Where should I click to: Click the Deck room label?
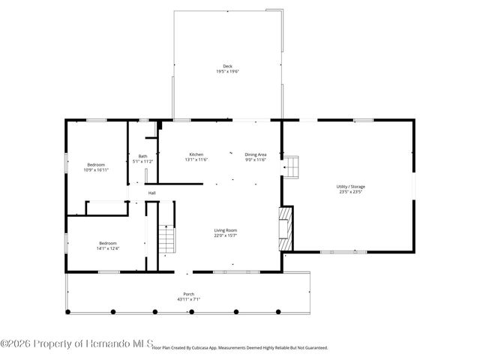tap(227, 66)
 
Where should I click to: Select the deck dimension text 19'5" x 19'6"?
tap(227, 71)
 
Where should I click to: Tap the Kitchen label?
tap(196, 154)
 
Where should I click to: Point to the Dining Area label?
tap(256, 154)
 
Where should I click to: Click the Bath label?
tap(142, 156)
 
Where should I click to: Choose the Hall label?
tap(151, 193)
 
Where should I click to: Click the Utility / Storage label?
tap(351, 186)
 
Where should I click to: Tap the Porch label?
tap(189, 293)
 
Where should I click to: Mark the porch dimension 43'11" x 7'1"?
tap(189, 298)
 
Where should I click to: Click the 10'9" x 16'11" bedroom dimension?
tap(96, 169)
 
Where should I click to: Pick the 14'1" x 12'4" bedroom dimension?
tap(108, 247)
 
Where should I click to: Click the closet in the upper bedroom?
tap(106, 207)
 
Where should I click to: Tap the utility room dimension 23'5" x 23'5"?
tap(351, 191)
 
